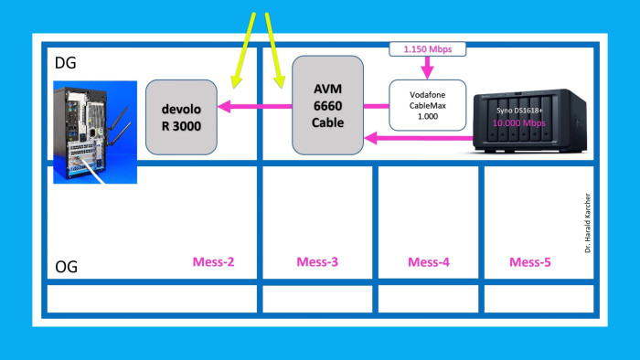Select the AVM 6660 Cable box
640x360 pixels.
point(327,104)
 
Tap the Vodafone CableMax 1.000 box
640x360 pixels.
point(428,106)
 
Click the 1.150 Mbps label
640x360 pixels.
point(428,48)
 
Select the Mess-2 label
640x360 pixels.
point(213,262)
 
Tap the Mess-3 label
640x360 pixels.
point(317,262)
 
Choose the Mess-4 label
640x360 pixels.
point(428,262)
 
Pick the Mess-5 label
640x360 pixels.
point(529,262)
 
